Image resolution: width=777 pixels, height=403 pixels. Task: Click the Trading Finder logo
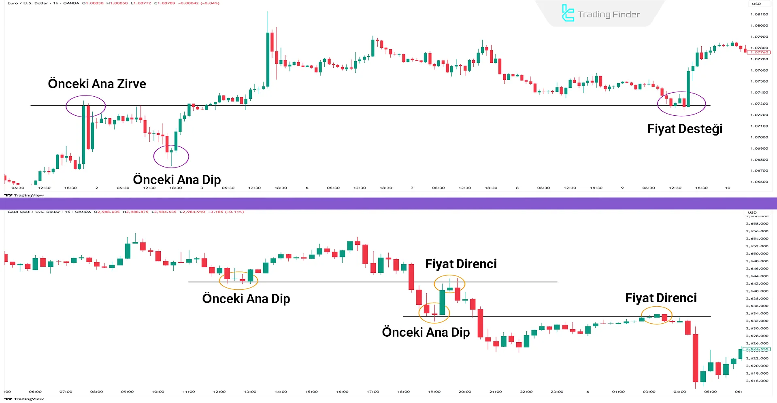[x=601, y=14]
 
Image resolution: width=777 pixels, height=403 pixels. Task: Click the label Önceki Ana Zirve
[x=97, y=84]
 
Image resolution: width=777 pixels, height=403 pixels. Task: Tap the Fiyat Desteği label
[x=685, y=129]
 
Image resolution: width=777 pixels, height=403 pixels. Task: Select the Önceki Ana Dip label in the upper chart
[x=177, y=179]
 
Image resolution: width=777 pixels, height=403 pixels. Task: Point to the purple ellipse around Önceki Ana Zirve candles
[x=86, y=106]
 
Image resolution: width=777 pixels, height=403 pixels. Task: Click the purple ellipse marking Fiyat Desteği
[x=681, y=104]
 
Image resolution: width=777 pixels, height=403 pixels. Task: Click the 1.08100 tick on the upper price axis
[x=759, y=14]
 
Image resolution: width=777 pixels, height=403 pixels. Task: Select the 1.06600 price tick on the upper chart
[x=759, y=182]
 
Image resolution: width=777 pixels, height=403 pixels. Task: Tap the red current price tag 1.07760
[x=759, y=52]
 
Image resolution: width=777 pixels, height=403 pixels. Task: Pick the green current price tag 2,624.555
[x=757, y=349]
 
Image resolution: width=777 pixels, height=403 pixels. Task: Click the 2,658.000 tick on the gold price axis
[x=757, y=223]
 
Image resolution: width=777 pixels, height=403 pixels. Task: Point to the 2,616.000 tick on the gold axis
[x=757, y=381]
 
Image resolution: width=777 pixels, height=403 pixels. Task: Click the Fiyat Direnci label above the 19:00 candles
[x=461, y=264]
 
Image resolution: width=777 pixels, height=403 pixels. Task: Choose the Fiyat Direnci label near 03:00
[x=661, y=298]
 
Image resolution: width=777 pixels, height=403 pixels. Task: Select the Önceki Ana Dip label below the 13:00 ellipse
[x=246, y=299]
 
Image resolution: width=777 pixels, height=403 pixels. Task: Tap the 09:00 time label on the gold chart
[x=127, y=392]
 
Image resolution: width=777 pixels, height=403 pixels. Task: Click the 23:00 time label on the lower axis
[x=557, y=392]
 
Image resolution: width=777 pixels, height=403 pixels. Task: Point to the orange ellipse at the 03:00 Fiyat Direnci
[x=656, y=315]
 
